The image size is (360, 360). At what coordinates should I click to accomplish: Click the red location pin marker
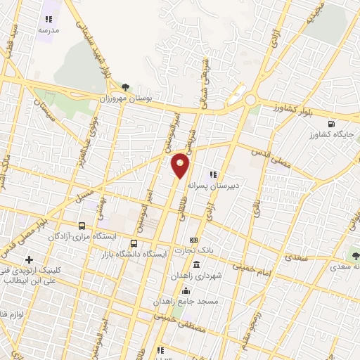(181, 165)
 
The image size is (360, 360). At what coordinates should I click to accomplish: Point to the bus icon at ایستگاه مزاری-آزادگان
(83, 226)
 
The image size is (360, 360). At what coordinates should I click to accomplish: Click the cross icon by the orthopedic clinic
(29, 260)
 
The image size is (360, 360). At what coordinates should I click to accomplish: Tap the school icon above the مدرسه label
(49, 20)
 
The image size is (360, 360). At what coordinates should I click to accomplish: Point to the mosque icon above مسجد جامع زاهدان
(186, 290)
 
